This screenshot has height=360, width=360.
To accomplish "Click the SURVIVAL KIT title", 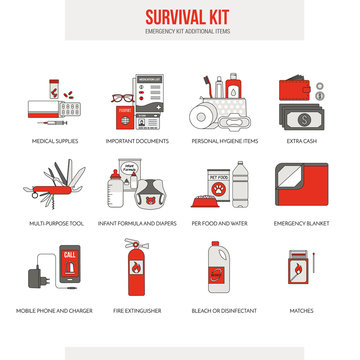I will pos(180,16).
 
